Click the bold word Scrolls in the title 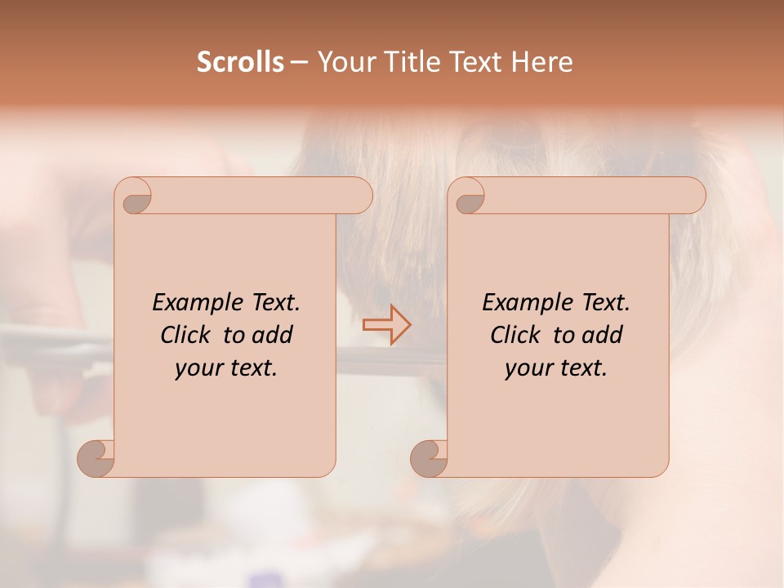pyautogui.click(x=240, y=62)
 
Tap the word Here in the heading pyautogui.click(x=542, y=62)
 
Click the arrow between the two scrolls pyautogui.click(x=387, y=325)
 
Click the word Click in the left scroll pyautogui.click(x=186, y=336)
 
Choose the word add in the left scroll pyautogui.click(x=273, y=336)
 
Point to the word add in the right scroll pyautogui.click(x=603, y=336)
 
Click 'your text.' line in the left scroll pyautogui.click(x=226, y=368)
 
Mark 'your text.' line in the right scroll pyautogui.click(x=556, y=368)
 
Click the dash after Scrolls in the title pyautogui.click(x=299, y=63)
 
